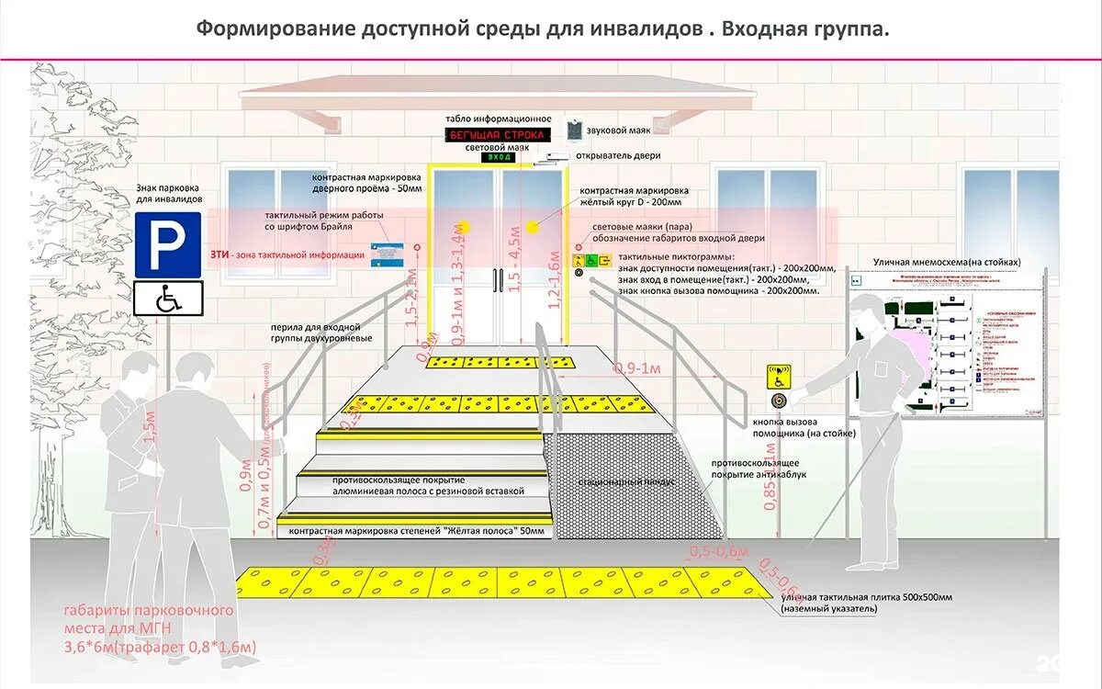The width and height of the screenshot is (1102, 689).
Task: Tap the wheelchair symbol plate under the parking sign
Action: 168,299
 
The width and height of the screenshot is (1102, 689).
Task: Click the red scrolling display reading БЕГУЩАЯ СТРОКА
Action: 496,135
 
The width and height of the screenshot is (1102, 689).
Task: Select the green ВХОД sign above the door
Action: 500,157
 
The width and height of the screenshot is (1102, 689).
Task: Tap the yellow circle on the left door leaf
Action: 465,227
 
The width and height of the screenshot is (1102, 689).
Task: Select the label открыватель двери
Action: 618,155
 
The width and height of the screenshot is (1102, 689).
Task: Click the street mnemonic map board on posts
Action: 946,344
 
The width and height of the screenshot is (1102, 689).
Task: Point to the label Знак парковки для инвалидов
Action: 170,192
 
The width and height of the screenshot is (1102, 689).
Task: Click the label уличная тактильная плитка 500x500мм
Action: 867,597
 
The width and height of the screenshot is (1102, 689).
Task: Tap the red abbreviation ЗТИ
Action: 219,254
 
